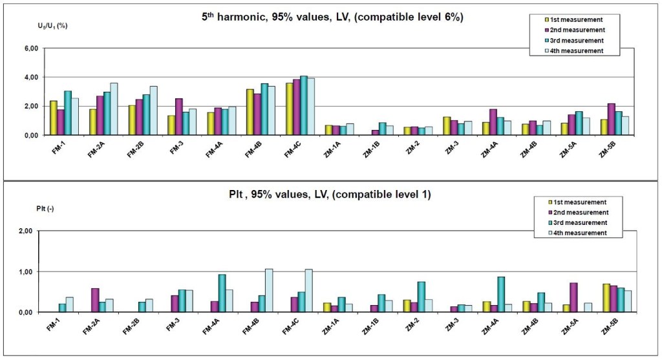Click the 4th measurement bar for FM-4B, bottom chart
(269, 290)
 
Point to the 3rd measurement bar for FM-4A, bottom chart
(222, 293)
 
